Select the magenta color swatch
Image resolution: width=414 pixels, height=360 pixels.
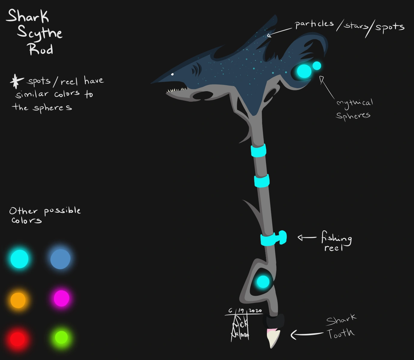click(x=62, y=298)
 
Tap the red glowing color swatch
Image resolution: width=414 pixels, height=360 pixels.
click(x=17, y=339)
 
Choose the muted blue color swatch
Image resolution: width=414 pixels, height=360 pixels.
click(x=60, y=259)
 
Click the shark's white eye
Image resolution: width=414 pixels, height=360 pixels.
click(x=172, y=74)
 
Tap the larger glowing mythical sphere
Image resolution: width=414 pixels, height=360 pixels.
click(x=304, y=71)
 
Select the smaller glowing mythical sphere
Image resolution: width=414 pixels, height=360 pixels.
click(x=317, y=65)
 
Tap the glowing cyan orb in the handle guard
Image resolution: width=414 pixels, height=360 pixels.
click(x=263, y=282)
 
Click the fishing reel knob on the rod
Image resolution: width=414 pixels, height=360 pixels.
click(x=282, y=237)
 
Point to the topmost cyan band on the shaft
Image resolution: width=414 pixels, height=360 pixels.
click(x=258, y=150)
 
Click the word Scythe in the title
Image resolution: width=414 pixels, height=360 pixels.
click(x=40, y=33)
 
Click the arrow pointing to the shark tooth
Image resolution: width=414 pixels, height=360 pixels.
click(x=306, y=334)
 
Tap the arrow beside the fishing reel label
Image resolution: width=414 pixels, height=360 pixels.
click(x=307, y=238)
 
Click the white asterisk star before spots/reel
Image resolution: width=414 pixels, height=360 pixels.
click(x=17, y=81)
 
